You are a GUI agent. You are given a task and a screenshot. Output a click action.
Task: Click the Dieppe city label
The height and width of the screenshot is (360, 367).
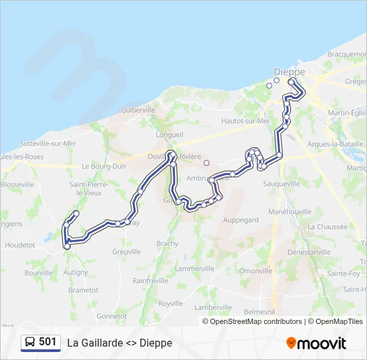tap(289, 72)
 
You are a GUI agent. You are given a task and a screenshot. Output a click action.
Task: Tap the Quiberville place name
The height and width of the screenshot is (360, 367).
tap(138, 110)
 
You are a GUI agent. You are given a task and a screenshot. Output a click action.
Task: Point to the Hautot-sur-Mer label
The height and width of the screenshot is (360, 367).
tap(246, 121)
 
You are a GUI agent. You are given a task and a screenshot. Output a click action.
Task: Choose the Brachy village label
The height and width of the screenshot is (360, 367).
tap(167, 244)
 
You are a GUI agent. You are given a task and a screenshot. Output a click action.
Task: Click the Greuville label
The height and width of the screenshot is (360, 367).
tap(126, 252)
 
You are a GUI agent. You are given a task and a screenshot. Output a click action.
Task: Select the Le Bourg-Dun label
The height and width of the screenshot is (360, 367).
tap(103, 166)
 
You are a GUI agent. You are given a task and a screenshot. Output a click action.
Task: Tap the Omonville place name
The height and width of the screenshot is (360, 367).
tap(256, 271)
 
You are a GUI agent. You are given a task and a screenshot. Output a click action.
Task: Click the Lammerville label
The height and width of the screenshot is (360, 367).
tap(194, 268)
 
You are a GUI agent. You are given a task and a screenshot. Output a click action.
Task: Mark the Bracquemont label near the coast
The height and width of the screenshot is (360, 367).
tap(347, 54)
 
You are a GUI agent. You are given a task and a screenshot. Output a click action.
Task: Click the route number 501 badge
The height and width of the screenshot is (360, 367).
tap(47, 342)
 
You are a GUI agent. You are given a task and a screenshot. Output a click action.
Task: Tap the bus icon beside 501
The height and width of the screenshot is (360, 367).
tap(30, 343)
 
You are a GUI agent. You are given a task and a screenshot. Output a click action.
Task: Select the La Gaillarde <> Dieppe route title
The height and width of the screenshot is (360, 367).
tap(119, 343)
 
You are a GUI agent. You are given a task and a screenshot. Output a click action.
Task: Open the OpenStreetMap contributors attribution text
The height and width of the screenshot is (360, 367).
tap(256, 321)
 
